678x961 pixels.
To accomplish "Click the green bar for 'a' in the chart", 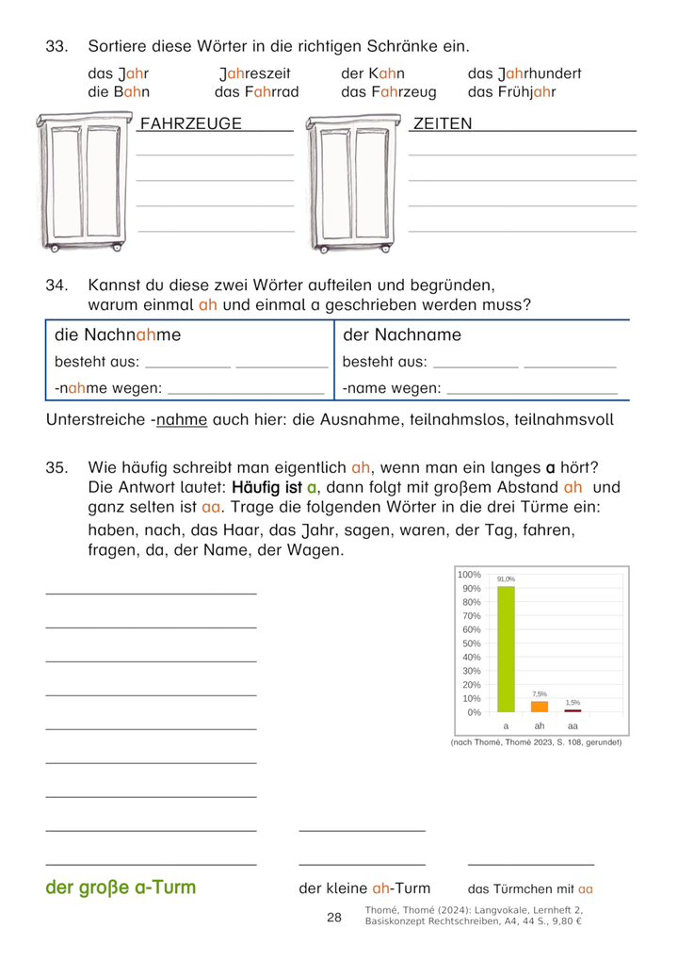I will [506, 649].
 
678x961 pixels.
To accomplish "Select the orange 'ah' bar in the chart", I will [540, 706].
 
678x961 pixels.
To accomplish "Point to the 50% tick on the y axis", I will [469, 643].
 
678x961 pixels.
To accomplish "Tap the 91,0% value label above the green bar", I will [506, 579].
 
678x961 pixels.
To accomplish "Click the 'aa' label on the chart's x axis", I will [573, 726].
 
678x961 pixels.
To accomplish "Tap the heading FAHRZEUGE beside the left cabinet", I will [190, 123].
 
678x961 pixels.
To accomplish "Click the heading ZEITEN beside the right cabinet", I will [443, 123].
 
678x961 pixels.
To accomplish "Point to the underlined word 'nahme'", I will [181, 419].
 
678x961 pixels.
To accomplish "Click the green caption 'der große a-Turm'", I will [121, 888].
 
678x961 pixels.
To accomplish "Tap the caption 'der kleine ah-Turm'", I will [363, 888].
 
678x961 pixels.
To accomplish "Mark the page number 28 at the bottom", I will [334, 918].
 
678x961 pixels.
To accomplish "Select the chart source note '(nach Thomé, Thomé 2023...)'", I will [537, 742].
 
